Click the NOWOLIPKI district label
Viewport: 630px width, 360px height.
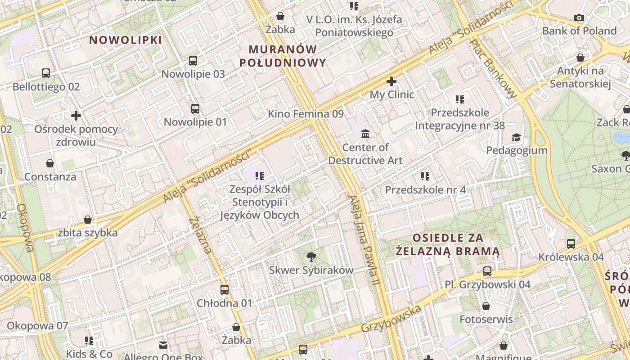tap(125, 40)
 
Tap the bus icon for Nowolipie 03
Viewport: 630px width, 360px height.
tap(193, 61)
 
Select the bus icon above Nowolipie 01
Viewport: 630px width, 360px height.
tap(195, 109)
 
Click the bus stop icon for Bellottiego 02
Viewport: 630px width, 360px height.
tap(46, 73)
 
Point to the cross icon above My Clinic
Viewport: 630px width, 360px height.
tap(391, 81)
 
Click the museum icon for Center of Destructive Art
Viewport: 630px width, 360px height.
tap(365, 134)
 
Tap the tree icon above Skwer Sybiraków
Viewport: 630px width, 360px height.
tap(311, 257)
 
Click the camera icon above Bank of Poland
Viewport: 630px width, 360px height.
tap(579, 18)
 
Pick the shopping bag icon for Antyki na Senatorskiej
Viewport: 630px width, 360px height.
tap(580, 58)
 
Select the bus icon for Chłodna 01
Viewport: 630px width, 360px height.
tap(225, 290)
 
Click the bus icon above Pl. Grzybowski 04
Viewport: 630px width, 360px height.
tap(487, 271)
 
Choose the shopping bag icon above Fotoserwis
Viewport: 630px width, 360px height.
tap(486, 306)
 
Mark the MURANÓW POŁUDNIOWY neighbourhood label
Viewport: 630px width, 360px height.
tap(283, 56)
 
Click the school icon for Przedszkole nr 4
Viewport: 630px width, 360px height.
tap(425, 176)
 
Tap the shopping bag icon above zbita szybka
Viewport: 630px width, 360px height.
tap(88, 220)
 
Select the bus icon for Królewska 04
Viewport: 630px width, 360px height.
tap(571, 244)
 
